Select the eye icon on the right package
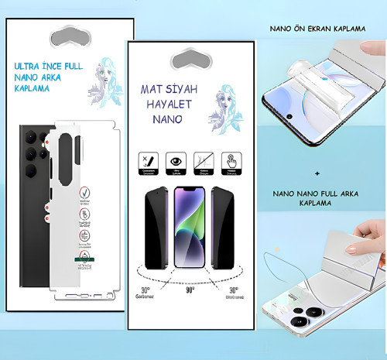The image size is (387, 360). [177, 160]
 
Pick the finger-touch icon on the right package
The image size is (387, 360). [230, 160]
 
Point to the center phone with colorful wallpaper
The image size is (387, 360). [190, 228]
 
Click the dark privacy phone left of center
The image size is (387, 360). [157, 227]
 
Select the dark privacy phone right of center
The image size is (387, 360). [224, 227]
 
